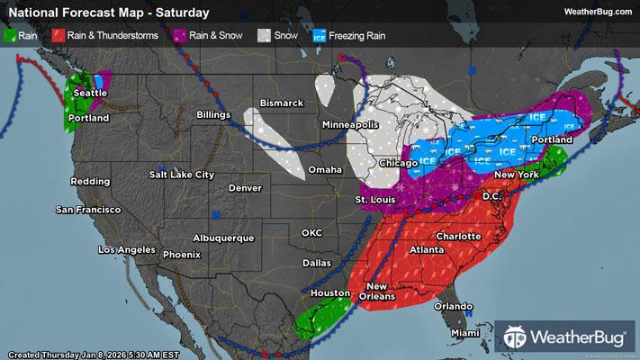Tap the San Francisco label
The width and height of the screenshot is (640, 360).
point(88,210)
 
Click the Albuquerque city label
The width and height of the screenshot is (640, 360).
point(224,238)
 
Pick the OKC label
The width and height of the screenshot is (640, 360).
point(311,232)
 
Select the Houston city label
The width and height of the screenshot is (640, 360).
point(329,293)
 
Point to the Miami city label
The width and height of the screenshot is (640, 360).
point(465,333)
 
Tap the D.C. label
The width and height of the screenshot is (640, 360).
point(491,194)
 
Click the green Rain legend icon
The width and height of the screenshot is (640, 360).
point(11,35)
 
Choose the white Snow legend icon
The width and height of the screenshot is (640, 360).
point(265,35)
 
